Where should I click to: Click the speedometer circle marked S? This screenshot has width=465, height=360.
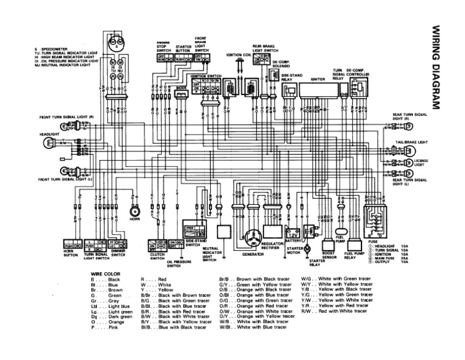(x=113, y=41)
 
